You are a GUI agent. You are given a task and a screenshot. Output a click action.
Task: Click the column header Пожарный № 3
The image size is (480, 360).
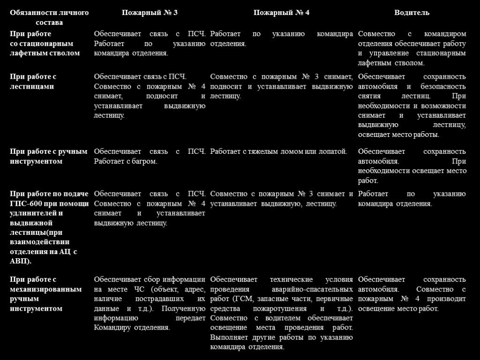150,13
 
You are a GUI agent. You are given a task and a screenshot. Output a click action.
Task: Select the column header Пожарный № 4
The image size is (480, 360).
281,13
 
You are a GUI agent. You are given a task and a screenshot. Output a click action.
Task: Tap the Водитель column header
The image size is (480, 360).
412,13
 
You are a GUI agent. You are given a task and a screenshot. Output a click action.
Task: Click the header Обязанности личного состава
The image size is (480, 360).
49,17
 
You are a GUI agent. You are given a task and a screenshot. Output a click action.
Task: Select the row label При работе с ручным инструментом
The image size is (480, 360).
49,157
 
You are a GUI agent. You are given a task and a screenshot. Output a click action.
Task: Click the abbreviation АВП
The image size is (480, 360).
19,261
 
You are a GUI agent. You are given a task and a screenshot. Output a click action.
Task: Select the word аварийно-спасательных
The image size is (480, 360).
313,289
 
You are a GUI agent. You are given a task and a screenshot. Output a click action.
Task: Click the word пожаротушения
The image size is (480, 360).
285,309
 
